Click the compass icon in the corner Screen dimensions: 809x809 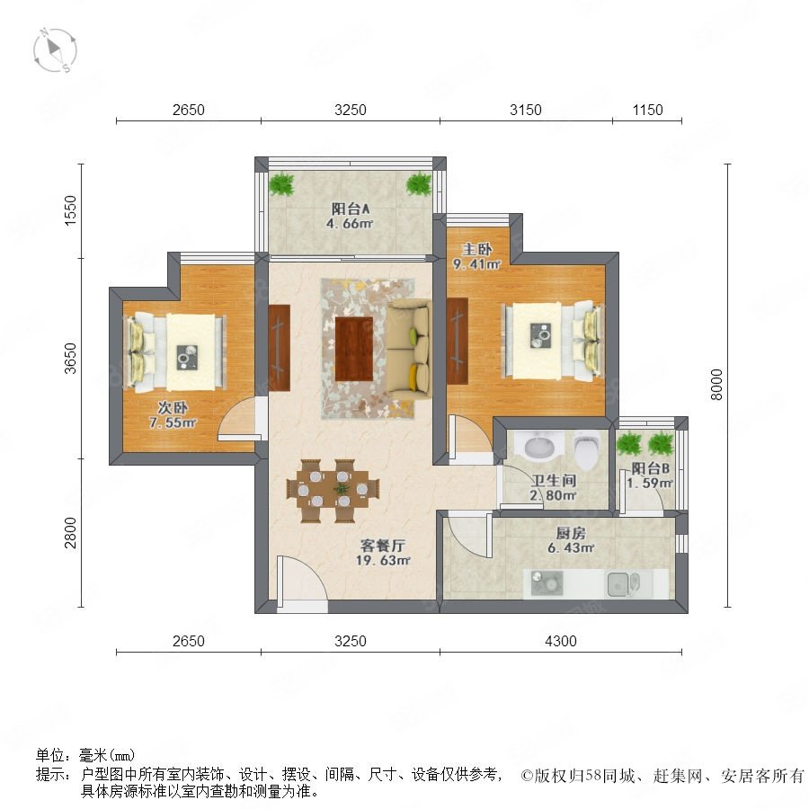[x=55, y=50]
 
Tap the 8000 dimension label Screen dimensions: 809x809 [x=716, y=385]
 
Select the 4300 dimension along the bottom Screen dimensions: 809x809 [x=560, y=641]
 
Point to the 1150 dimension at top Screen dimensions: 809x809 [x=647, y=110]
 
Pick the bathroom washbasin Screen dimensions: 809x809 [x=539, y=447]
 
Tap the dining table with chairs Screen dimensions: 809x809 [x=333, y=491]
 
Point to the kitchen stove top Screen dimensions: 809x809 [x=547, y=582]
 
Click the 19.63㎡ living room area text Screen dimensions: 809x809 [x=383, y=560]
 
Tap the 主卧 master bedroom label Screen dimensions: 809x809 [x=476, y=249]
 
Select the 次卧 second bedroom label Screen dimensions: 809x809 [x=173, y=407]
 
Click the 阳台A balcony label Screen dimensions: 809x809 [x=351, y=209]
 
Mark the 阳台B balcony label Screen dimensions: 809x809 [x=651, y=468]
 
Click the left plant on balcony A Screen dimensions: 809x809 [x=281, y=183]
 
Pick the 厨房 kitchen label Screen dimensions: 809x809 [x=571, y=533]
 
